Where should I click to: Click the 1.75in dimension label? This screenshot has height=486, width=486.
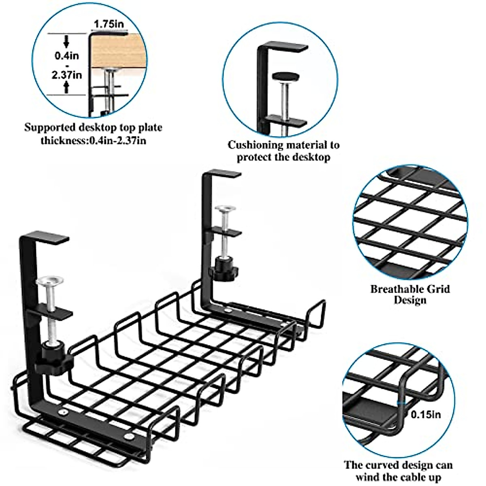click(x=109, y=24)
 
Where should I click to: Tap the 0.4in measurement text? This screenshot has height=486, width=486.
click(x=67, y=55)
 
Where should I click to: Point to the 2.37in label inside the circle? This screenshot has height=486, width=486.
click(x=67, y=75)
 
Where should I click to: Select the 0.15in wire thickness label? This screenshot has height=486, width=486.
click(x=426, y=414)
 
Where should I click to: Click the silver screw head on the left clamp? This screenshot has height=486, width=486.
click(x=49, y=281)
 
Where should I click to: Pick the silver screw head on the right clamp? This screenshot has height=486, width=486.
click(x=225, y=209)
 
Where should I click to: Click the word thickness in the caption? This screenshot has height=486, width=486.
click(x=64, y=141)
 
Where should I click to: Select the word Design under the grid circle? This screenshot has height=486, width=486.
click(x=410, y=300)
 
